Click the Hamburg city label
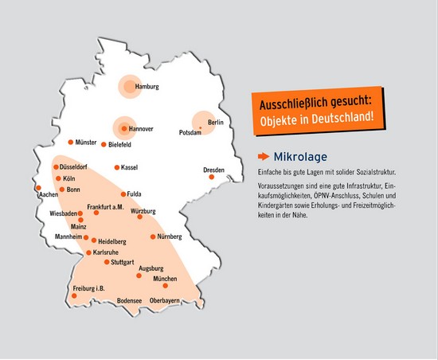point(147,87)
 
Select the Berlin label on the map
point(216,122)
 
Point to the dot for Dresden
point(211,177)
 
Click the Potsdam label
point(190,132)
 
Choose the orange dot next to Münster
point(70,142)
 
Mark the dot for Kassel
point(116,167)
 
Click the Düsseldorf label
point(74,168)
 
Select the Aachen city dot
point(38,188)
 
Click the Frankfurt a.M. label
point(106,207)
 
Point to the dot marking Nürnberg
point(152,237)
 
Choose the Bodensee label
point(129,300)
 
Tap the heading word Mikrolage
point(299,156)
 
